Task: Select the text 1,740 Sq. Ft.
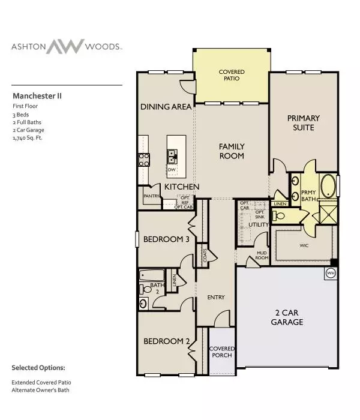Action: pyautogui.click(x=29, y=137)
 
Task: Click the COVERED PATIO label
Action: pyautogui.click(x=231, y=76)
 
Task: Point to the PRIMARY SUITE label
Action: pyautogui.click(x=303, y=122)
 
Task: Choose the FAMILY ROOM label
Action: pyautogui.click(x=231, y=151)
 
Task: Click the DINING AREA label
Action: pyautogui.click(x=166, y=107)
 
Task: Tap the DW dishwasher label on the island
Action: pyautogui.click(x=173, y=170)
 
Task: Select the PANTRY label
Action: pyautogui.click(x=151, y=195)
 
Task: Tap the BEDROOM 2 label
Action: pyautogui.click(x=166, y=341)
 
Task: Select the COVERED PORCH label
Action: pyautogui.click(x=221, y=353)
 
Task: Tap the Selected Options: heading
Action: pyautogui.click(x=38, y=367)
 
